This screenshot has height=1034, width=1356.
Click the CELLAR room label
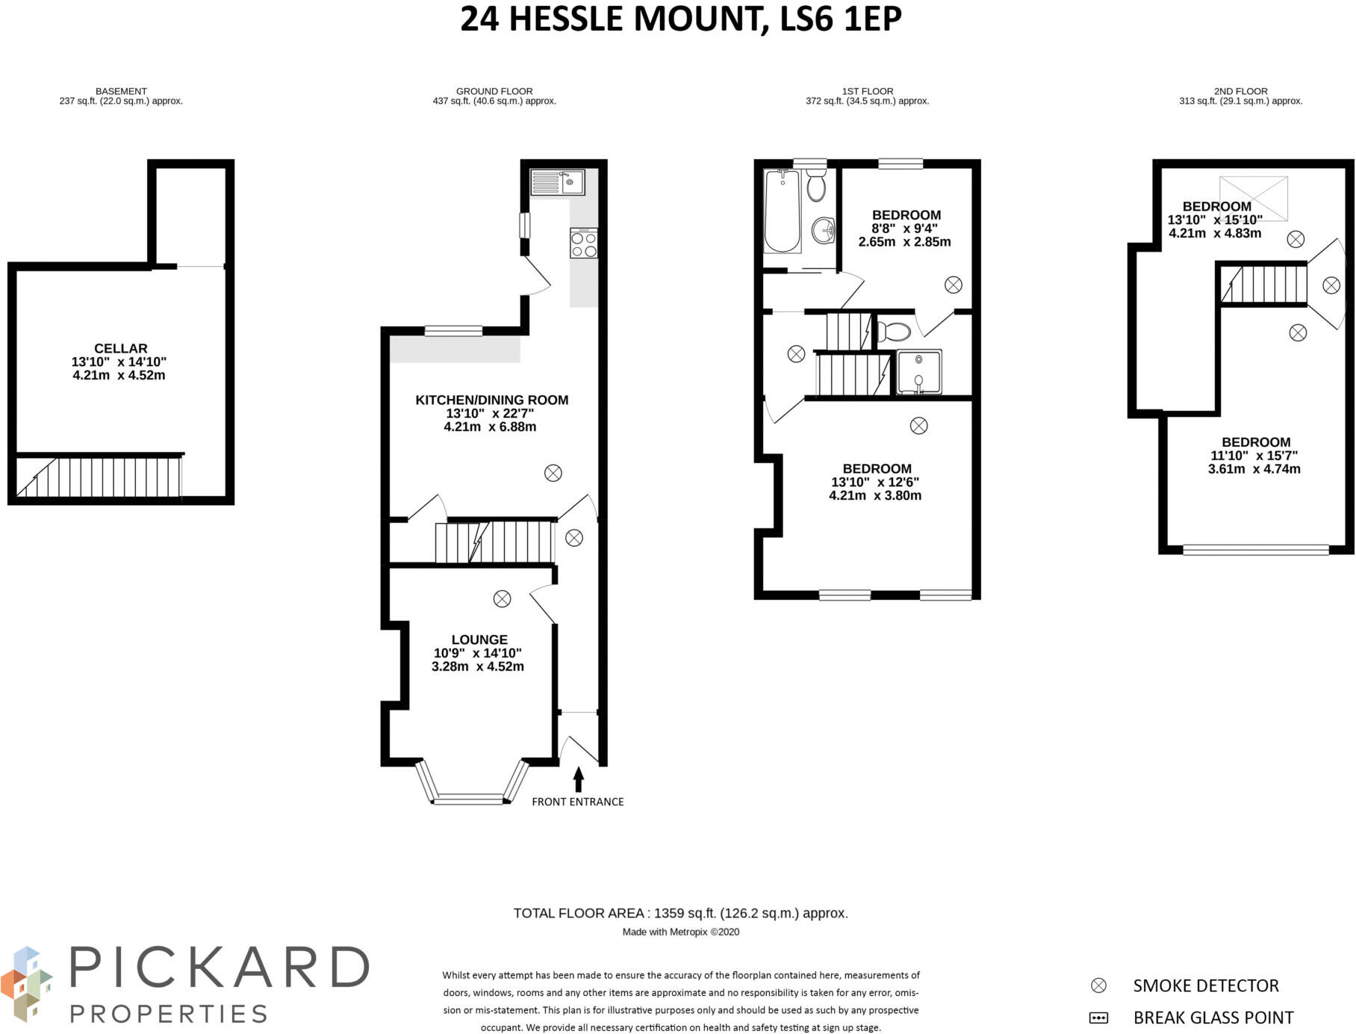click(x=121, y=348)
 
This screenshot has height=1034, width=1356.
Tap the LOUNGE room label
click(x=479, y=640)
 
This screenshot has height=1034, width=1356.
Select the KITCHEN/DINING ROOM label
click(x=491, y=400)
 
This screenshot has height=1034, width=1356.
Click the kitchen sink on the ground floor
click(x=558, y=182)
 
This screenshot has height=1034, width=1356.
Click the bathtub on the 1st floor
click(x=782, y=211)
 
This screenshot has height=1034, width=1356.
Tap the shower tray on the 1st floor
click(x=919, y=371)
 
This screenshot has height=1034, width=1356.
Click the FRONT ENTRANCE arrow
click(x=578, y=779)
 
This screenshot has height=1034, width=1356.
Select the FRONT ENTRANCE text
click(x=578, y=802)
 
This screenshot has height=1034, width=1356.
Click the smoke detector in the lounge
click(x=503, y=598)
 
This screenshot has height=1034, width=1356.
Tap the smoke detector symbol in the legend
click(x=1098, y=985)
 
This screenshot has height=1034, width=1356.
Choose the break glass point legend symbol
click(x=1098, y=1018)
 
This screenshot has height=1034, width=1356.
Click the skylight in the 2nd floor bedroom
click(x=1254, y=199)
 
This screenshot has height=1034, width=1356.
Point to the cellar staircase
click(x=99, y=477)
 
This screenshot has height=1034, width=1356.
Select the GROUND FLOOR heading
click(x=494, y=91)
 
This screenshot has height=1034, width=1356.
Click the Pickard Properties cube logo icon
click(x=27, y=983)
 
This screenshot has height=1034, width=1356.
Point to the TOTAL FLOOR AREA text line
click(x=681, y=913)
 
